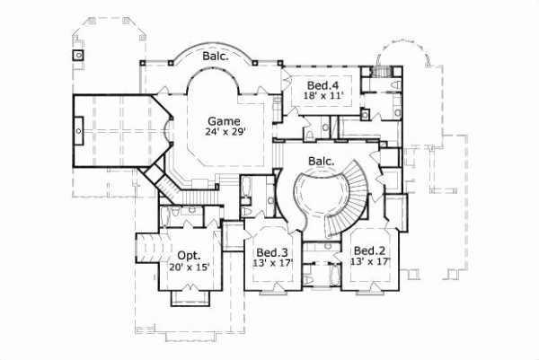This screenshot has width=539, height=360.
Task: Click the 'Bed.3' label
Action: (x=271, y=252)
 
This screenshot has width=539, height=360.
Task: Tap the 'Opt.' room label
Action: (x=188, y=255)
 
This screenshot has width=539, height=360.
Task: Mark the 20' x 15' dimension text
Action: (x=188, y=268)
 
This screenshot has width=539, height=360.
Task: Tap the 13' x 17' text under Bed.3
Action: (x=271, y=264)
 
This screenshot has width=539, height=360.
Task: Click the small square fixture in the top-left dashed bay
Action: (x=79, y=55)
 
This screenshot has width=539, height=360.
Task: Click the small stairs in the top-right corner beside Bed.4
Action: (x=381, y=71)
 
